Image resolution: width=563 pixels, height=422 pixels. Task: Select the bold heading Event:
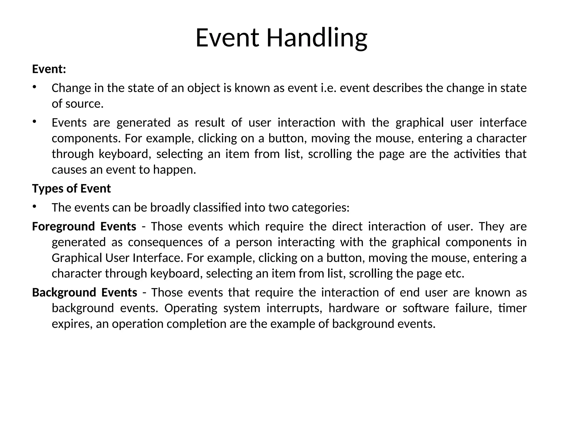tap(49, 69)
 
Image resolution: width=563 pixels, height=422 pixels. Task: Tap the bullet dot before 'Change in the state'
tap(34, 87)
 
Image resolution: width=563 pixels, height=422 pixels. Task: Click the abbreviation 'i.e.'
tap(329, 88)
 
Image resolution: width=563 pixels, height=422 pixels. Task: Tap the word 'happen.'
tap(175, 170)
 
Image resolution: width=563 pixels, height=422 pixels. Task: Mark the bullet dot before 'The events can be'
tap(34, 207)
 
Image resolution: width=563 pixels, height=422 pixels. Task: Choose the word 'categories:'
tap(321, 207)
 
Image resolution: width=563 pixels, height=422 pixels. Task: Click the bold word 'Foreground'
tap(63, 226)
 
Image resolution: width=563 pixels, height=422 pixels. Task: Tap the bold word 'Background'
tap(64, 292)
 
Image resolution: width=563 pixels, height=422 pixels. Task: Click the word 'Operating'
tap(191, 308)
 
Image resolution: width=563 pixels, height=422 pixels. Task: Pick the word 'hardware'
tap(354, 308)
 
